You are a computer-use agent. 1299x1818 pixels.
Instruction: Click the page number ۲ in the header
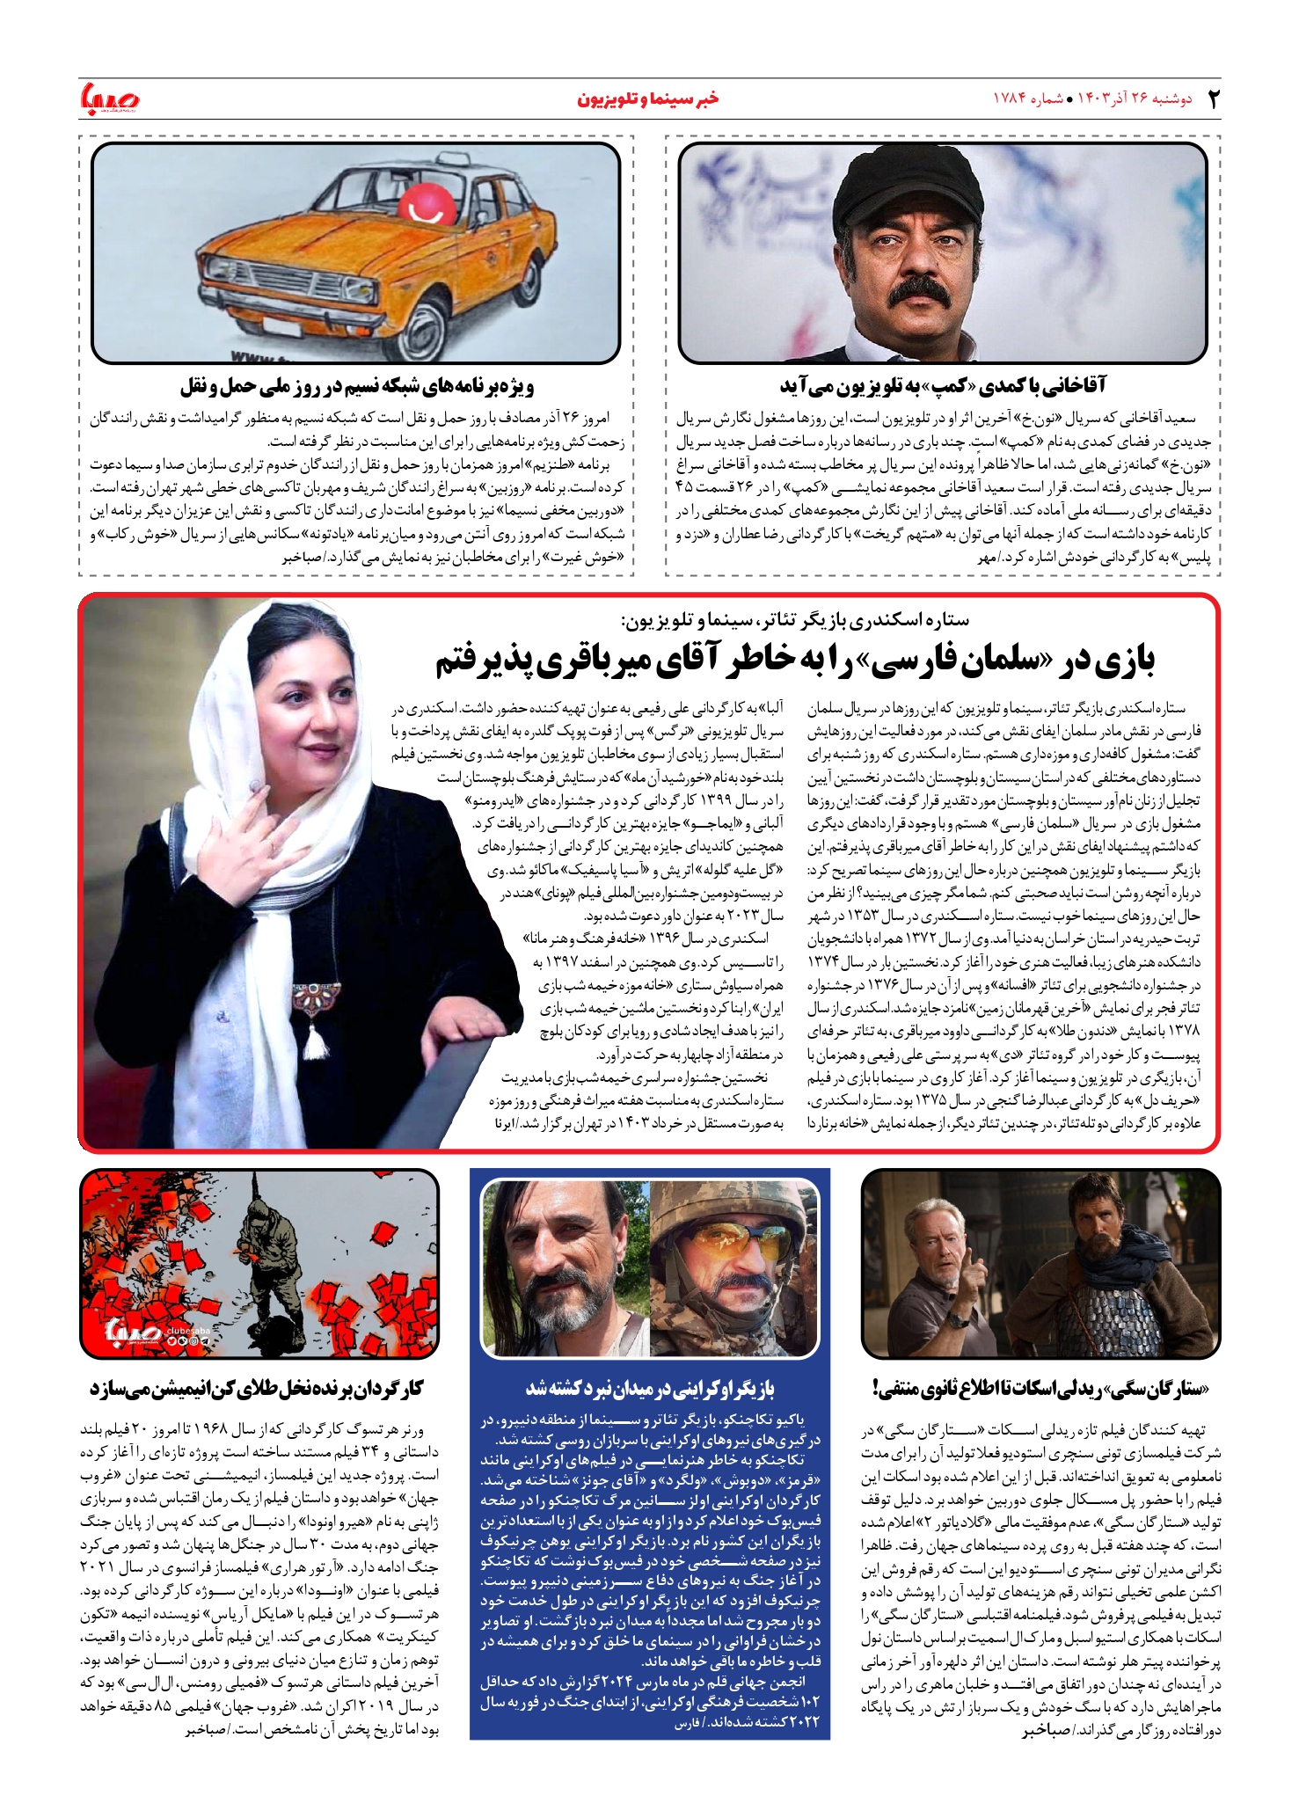click(1214, 99)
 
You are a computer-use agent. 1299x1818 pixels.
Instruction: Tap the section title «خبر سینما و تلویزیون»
click(648, 99)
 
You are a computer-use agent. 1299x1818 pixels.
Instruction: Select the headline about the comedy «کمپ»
click(942, 385)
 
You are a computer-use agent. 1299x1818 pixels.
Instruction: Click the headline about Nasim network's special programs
click(357, 385)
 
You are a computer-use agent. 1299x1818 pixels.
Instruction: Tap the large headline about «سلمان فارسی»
click(795, 661)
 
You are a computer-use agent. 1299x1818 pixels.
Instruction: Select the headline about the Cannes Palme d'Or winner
click(257, 1389)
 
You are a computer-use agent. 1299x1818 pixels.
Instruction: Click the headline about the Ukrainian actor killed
click(650, 1389)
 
